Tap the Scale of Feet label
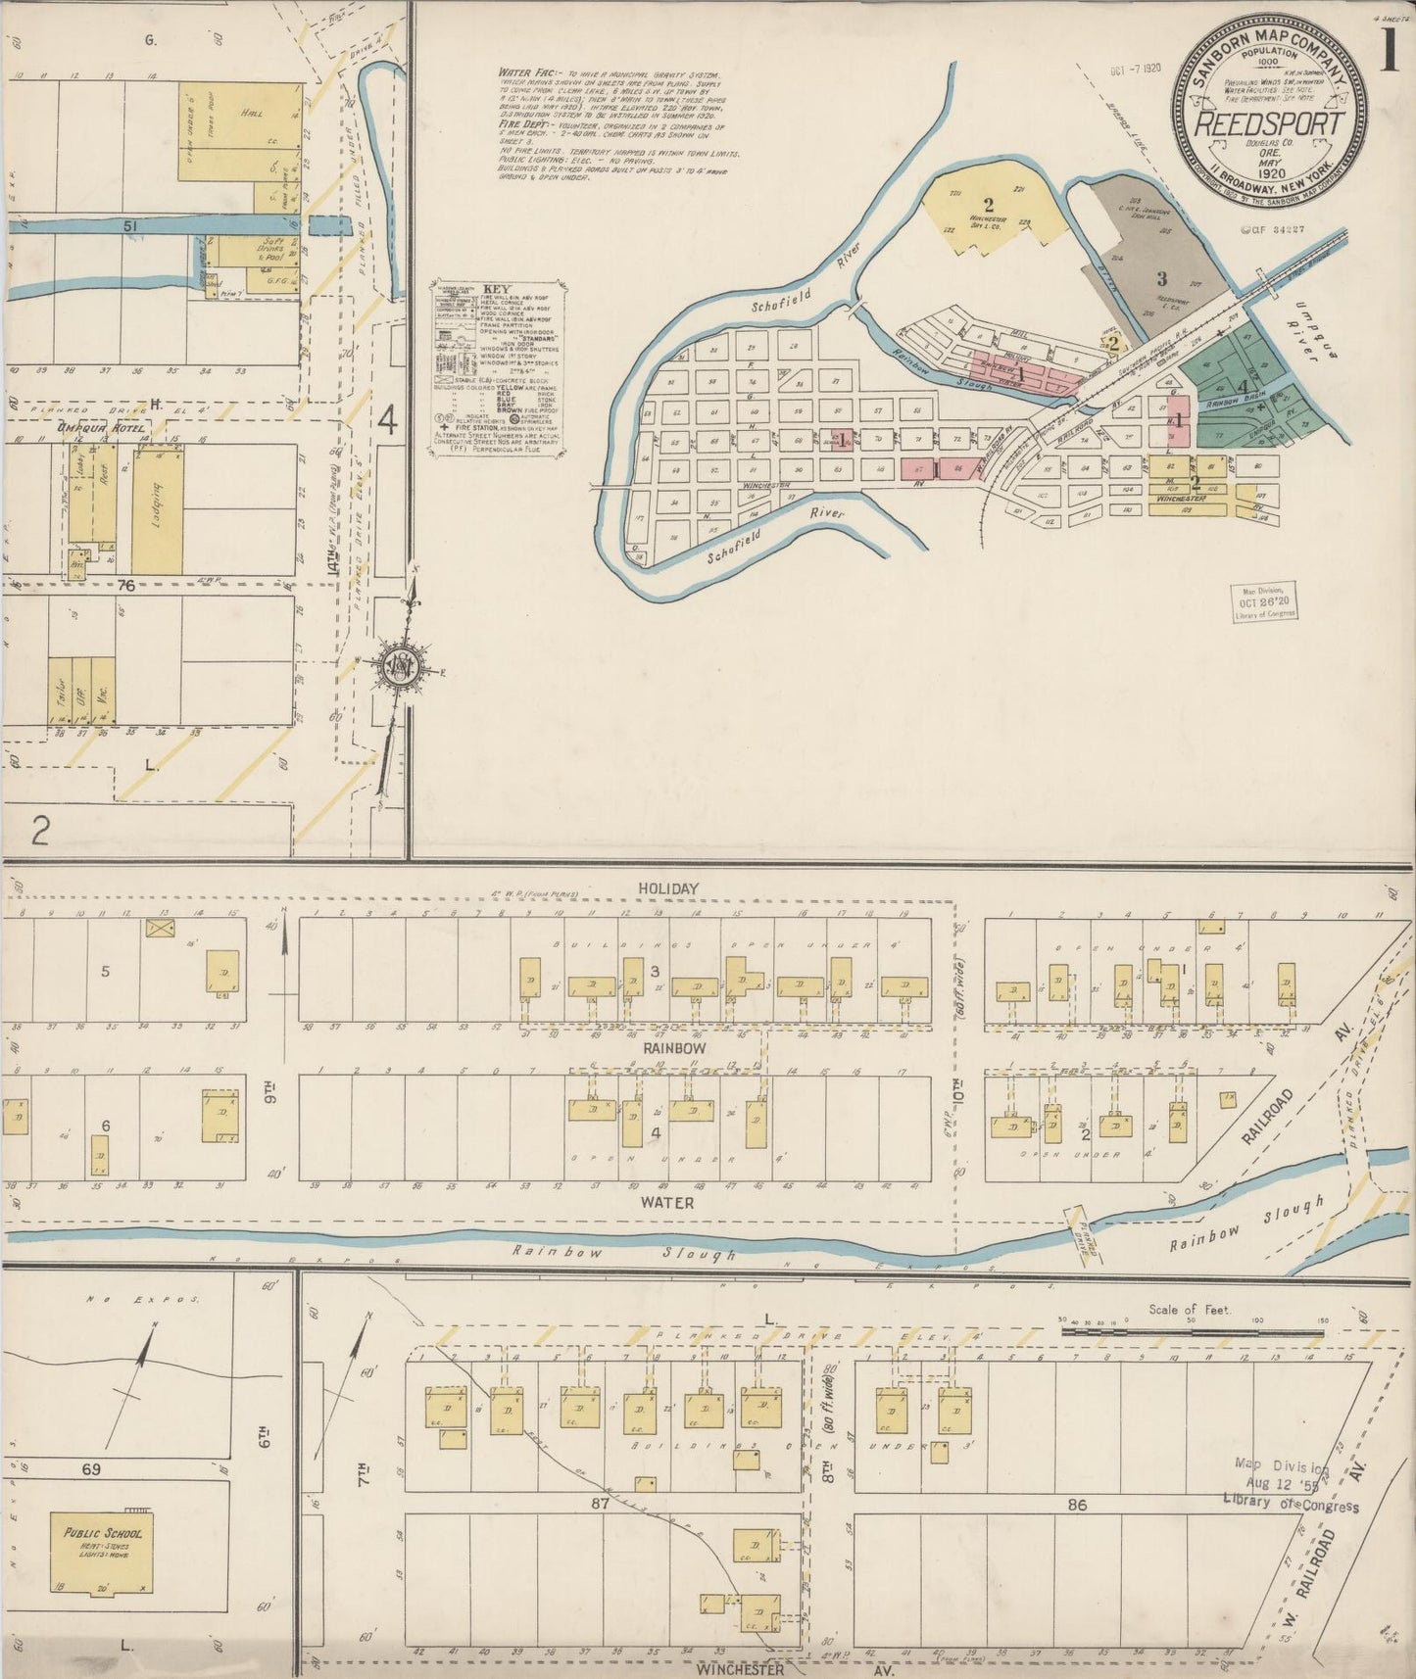(x=1191, y=1309)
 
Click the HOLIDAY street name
(x=668, y=888)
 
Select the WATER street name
(x=668, y=1202)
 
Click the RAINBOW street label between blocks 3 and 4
(x=673, y=1047)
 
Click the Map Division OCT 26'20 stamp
(x=1264, y=601)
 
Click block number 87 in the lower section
(x=601, y=1503)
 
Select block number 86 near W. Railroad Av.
(x=1077, y=1504)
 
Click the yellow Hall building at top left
(x=241, y=131)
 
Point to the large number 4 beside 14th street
(x=388, y=421)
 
